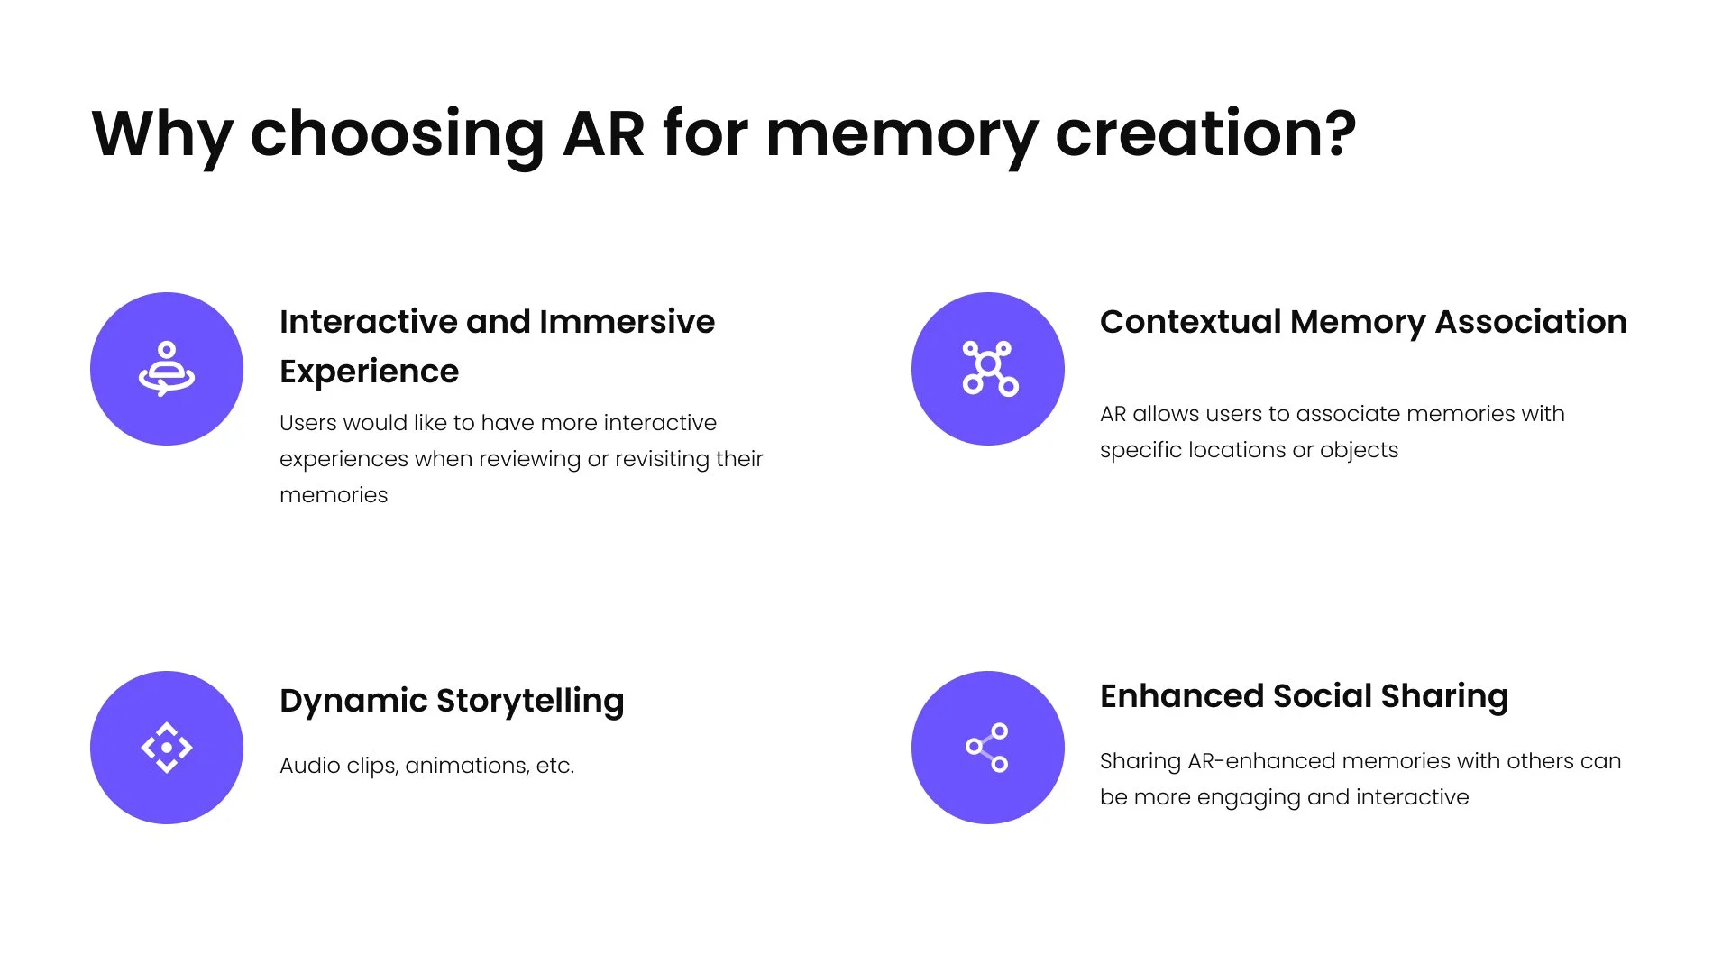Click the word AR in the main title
point(603,133)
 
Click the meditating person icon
point(167,369)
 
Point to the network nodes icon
point(989,368)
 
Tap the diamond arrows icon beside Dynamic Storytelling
point(167,748)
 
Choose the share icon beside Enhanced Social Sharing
point(987,748)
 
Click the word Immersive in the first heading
point(627,322)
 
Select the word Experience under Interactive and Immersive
point(369,372)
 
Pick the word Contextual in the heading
point(1190,322)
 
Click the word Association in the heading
point(1531,322)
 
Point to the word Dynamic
point(353,702)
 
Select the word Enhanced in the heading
point(1181,696)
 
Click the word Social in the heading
point(1322,696)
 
